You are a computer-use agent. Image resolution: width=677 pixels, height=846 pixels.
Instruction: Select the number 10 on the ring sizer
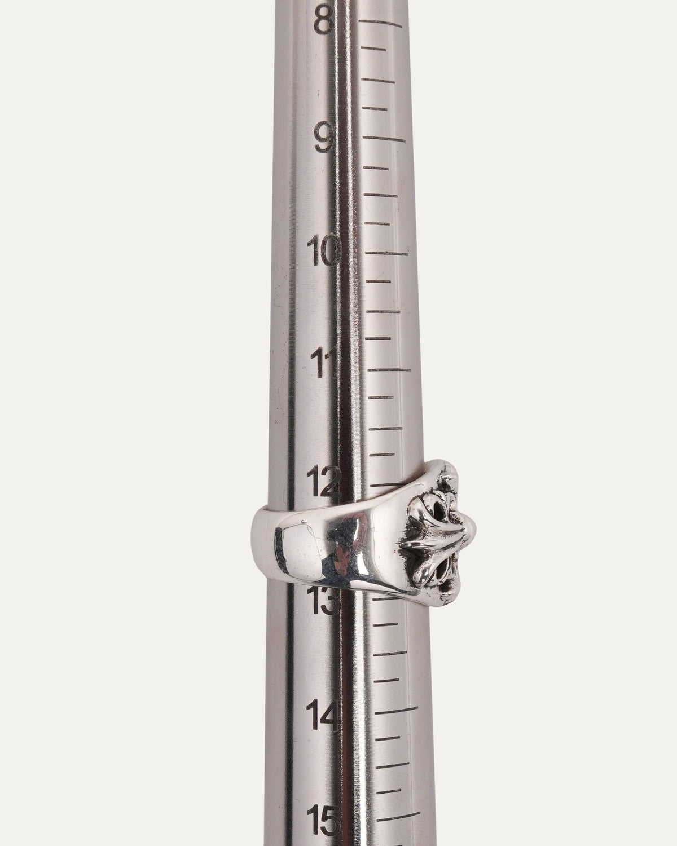324,249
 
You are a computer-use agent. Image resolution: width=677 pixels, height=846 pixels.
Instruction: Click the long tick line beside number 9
384,139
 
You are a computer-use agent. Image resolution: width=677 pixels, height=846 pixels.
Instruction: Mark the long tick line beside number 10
386,253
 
